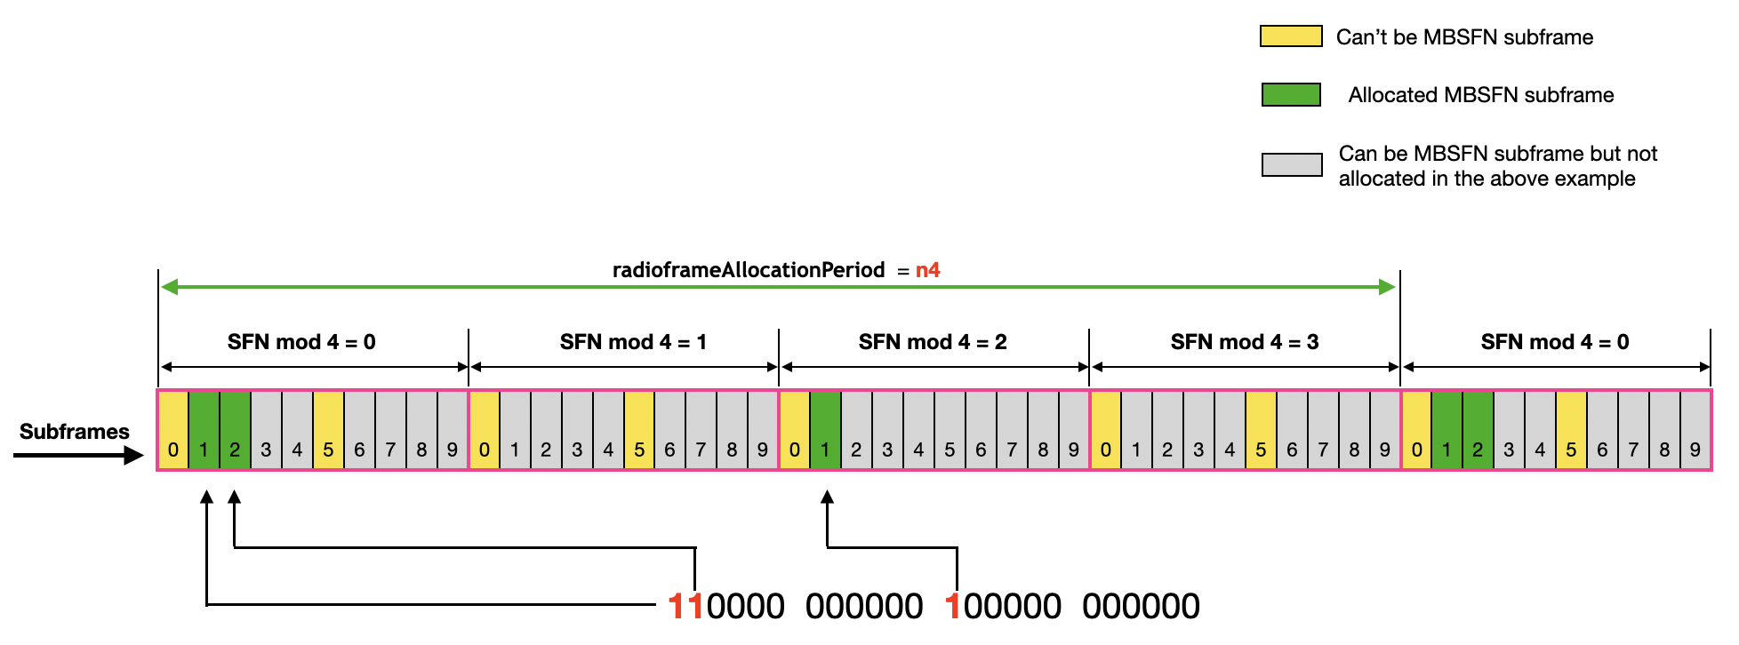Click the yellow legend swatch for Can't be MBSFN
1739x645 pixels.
[x=1291, y=36]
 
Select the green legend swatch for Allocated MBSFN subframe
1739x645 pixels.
[x=1291, y=94]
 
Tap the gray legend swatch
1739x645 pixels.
[x=1292, y=164]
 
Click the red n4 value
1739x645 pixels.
[x=927, y=270]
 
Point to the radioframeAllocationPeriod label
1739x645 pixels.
[x=748, y=270]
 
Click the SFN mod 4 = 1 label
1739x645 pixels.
[x=633, y=342]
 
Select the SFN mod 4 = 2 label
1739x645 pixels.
[x=932, y=342]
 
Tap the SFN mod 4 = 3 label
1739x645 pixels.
[x=1244, y=342]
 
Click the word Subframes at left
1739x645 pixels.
[x=75, y=432]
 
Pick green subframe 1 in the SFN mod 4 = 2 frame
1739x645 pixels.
[x=825, y=431]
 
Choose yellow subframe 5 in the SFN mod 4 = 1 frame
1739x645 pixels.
[x=639, y=431]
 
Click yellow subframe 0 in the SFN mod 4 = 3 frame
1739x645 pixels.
[x=1105, y=431]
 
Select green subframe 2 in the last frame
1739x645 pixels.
[x=1478, y=431]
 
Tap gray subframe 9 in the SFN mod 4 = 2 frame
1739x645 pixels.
[x=1073, y=431]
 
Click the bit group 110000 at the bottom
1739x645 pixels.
[x=726, y=607]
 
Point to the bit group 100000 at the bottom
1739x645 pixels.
[x=1003, y=607]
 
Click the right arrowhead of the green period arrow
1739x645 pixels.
[x=1387, y=287]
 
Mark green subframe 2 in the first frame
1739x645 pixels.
[x=235, y=431]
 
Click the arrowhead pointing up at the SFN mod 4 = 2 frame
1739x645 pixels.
[x=827, y=498]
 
